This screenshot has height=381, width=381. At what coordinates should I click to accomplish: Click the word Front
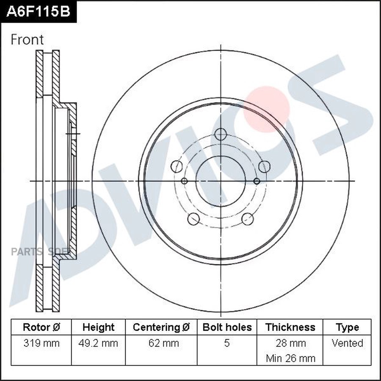27,39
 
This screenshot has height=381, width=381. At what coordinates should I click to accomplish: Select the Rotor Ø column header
41,327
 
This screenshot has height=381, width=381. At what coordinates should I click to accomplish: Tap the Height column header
98,327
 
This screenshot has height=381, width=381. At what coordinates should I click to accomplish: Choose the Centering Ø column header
161,327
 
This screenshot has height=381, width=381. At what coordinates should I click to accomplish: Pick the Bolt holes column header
227,327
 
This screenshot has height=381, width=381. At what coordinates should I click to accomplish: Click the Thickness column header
290,327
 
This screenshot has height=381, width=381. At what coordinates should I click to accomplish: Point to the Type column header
347,327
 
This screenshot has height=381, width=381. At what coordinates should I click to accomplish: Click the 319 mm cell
41,343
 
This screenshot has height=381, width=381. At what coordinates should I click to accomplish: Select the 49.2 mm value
98,343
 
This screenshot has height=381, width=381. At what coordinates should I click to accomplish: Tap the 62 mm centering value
161,343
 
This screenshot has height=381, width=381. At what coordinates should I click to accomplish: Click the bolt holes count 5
227,343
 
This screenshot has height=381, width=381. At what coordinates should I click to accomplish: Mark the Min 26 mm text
290,358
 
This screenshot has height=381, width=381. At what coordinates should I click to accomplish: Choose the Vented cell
347,343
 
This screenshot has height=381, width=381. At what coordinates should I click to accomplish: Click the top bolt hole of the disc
221,135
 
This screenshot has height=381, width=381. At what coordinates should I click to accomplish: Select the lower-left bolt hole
193,219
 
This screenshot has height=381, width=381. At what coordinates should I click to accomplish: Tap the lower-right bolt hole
248,219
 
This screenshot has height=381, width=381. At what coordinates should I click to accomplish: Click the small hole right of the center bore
257,181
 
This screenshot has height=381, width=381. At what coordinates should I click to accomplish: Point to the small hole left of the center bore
184,181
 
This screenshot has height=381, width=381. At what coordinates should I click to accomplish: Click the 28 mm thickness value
290,343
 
